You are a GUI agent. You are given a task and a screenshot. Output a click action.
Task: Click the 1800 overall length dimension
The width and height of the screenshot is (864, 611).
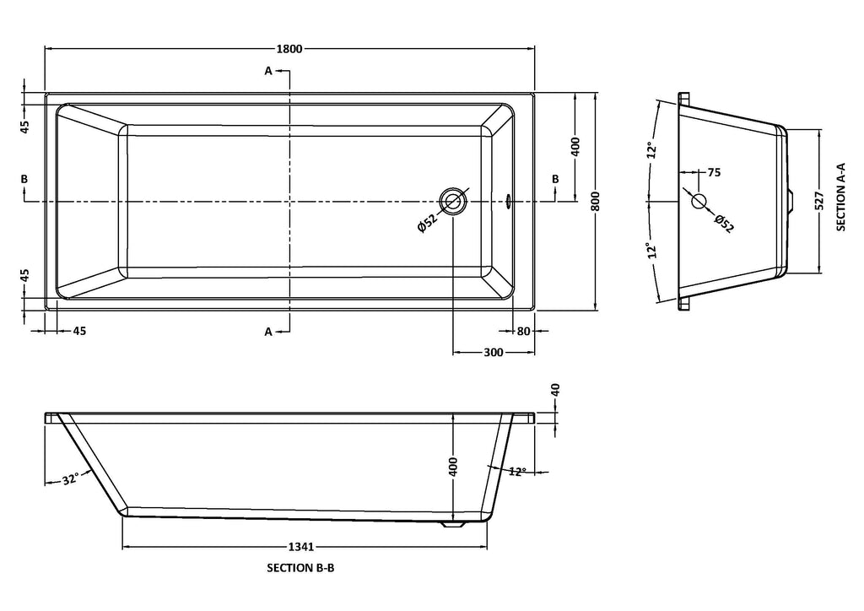pos(289,48)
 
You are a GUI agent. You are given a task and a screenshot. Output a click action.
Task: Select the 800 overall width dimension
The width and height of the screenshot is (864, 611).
pos(596,202)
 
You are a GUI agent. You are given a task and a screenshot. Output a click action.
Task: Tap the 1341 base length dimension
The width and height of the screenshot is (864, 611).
pos(301,547)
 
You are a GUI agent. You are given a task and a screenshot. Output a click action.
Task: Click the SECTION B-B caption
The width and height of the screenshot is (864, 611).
pos(300,567)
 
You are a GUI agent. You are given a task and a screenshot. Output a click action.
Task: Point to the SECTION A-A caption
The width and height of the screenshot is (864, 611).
pos(841,197)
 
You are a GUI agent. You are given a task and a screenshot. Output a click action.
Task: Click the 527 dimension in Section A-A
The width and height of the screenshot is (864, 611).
pos(819,202)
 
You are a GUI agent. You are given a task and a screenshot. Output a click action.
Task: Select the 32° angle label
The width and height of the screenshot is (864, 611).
pos(69,479)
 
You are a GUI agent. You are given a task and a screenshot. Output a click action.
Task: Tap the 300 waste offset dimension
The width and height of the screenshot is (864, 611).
pos(494,352)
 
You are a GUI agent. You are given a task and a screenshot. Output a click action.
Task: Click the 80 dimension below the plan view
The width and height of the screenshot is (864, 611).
pos(523,331)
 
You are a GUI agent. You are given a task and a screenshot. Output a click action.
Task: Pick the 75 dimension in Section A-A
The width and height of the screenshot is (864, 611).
pos(714,172)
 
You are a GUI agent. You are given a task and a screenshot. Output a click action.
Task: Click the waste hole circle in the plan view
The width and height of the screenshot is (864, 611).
pos(453,201)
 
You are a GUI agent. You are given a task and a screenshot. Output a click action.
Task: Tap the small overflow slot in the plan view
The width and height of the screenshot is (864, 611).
pos(508,201)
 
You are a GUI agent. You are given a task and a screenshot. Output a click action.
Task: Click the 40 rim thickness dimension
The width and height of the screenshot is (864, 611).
pos(555,390)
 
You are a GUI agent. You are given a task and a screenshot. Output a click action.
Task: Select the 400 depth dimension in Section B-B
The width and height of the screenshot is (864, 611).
pos(453,467)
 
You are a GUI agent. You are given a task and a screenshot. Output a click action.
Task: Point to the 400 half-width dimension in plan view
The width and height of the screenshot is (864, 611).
pos(575,147)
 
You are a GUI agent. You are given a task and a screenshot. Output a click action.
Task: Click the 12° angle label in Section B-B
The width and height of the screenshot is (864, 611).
pos(517,472)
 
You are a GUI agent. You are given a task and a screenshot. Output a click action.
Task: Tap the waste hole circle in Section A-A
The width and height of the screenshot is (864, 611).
pos(699,201)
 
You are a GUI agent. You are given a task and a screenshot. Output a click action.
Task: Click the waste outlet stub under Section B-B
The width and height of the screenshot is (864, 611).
pos(454,525)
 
